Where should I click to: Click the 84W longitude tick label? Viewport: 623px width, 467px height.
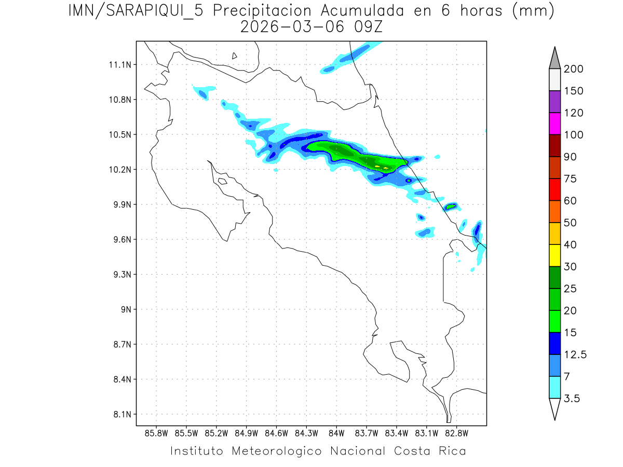[x=336, y=433]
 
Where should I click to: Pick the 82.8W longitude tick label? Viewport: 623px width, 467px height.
[x=456, y=433]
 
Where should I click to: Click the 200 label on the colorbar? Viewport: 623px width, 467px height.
[x=573, y=69]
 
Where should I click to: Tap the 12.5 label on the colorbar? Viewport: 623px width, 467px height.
[x=575, y=354]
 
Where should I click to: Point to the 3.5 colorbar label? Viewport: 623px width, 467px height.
[x=572, y=399]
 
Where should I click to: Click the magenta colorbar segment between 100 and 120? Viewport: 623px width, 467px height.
[x=554, y=124]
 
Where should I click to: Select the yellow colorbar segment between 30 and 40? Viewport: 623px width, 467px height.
[x=554, y=255]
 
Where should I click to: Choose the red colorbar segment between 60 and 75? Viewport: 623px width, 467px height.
[x=554, y=189]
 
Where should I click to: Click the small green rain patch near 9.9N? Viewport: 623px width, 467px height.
[x=450, y=207]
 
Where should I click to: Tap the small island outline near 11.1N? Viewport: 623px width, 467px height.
[x=235, y=56]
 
